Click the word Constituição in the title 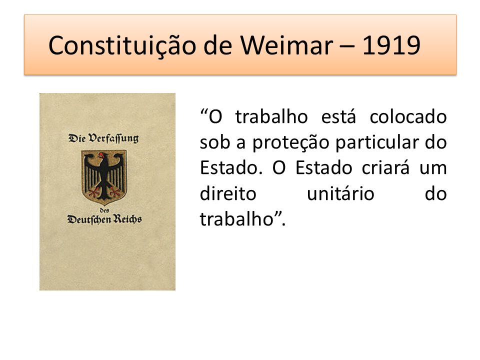122,46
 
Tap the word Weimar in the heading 286,45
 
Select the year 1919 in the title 391,45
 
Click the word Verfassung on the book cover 113,138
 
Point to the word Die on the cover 77,138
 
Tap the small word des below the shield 104,210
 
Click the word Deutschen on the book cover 89,219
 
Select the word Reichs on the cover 127,219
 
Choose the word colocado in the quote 408,116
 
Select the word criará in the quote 385,167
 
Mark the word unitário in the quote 340,193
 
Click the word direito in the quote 228,193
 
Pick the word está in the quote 338,116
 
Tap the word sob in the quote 214,142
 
